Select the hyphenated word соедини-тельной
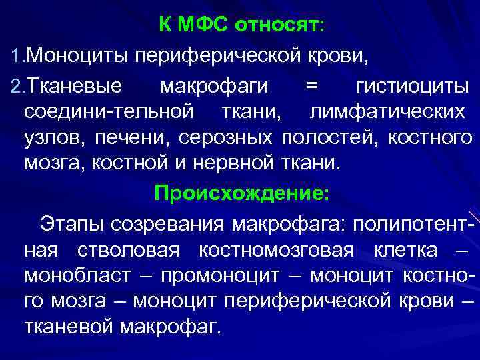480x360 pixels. click(x=109, y=111)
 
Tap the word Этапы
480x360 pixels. click(x=69, y=222)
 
